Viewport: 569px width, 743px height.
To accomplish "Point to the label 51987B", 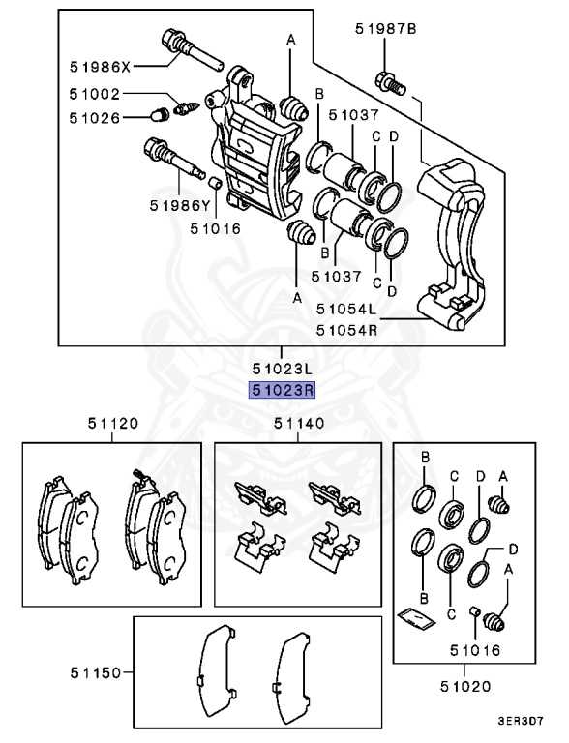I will tap(385, 30).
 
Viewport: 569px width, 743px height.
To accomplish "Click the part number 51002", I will tap(95, 96).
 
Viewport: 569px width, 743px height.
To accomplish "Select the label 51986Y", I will tap(180, 205).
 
